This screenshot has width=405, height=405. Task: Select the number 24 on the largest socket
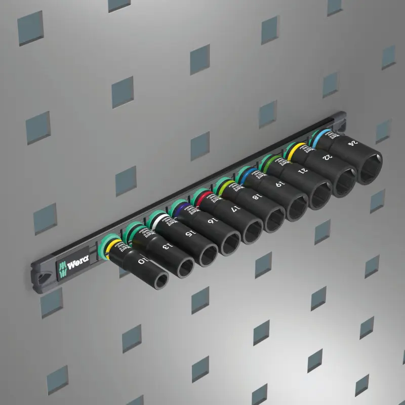pos(351,143)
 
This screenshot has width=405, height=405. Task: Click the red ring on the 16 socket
pos(200,199)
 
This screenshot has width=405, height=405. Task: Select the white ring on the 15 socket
pos(160,221)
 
